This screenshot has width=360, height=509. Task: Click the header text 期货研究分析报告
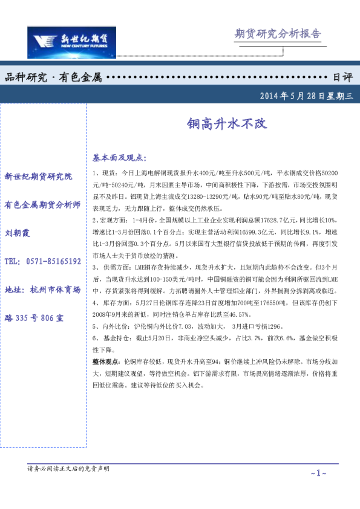[x=277, y=34]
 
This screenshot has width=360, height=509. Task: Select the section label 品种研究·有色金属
[x=53, y=77]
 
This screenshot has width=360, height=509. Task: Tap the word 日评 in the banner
[x=342, y=77]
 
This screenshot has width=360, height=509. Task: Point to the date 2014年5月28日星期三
[x=306, y=96]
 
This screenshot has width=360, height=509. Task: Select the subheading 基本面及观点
[x=119, y=158]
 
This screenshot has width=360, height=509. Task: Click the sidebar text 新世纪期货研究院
[x=38, y=177]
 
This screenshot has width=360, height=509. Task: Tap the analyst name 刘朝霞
[x=18, y=233]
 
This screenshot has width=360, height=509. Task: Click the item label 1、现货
[x=105, y=173]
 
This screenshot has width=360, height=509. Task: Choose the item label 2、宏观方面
[x=112, y=216]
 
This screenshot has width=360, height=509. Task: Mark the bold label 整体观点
[x=105, y=360]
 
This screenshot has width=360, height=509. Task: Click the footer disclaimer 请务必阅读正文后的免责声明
[x=68, y=468]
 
